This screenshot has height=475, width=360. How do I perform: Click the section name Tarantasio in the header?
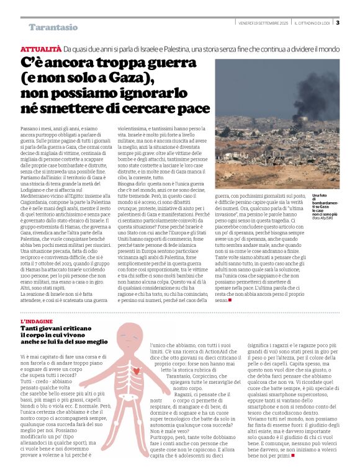point(53,27)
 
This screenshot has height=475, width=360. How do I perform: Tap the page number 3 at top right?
point(337,23)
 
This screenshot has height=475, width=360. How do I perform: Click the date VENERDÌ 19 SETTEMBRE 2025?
point(264,24)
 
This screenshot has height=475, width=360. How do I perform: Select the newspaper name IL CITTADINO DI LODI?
point(312,24)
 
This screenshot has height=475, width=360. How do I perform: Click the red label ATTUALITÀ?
point(40,48)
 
